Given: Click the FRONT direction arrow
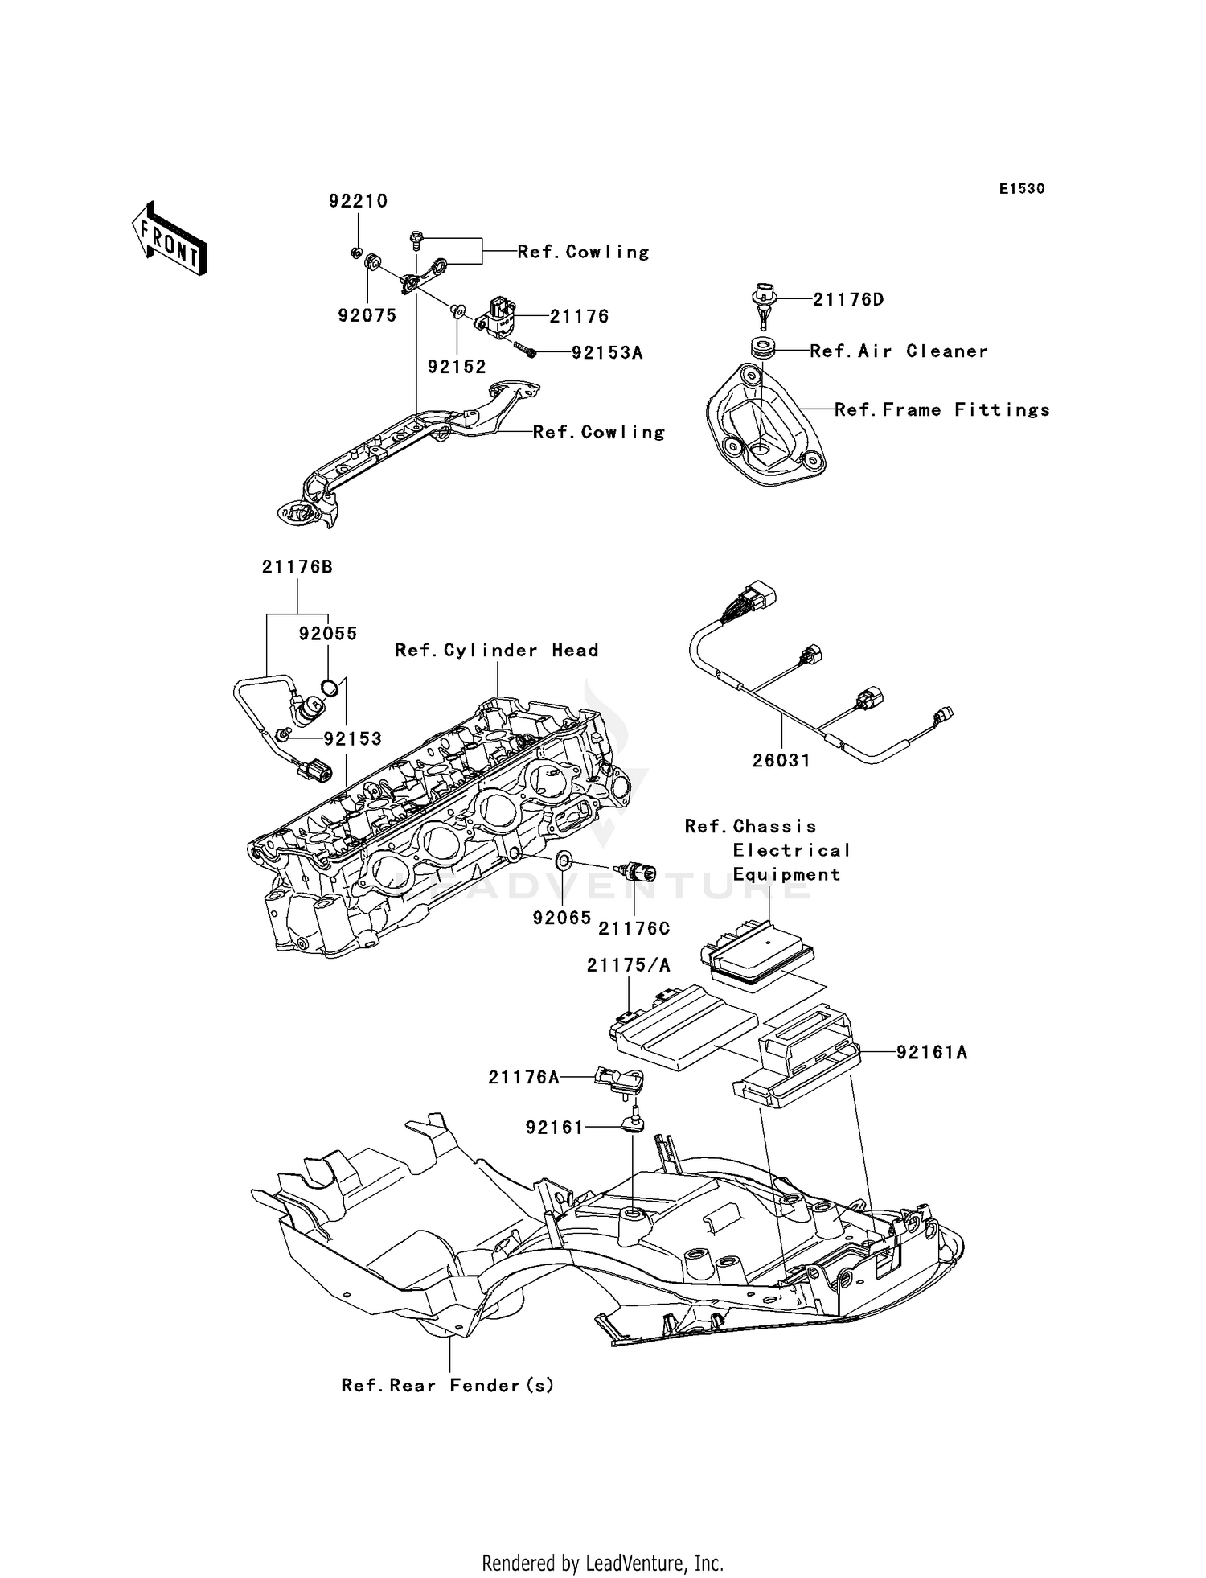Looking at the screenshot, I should click(170, 240).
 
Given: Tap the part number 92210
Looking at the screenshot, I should click(358, 201).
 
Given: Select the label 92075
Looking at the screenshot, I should click(367, 316).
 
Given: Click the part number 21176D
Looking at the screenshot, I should click(848, 300).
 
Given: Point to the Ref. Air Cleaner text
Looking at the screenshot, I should click(898, 351).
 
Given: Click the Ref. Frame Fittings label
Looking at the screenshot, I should click(941, 410).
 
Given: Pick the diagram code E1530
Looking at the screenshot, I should click(1021, 189).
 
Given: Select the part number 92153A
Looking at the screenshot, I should click(607, 353).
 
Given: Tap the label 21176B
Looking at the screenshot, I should click(297, 567).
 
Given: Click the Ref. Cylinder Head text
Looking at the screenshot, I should click(496, 651).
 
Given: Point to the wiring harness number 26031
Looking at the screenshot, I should click(781, 760).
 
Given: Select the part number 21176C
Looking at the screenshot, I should click(634, 929).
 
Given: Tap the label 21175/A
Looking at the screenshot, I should click(628, 965).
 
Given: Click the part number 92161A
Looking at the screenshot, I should click(932, 1052).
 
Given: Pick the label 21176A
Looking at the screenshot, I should click(523, 1078).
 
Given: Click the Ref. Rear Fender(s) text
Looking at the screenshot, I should click(448, 1386).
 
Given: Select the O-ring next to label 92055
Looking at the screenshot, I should click(329, 687).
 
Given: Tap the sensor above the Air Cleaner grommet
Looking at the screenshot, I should click(763, 304).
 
